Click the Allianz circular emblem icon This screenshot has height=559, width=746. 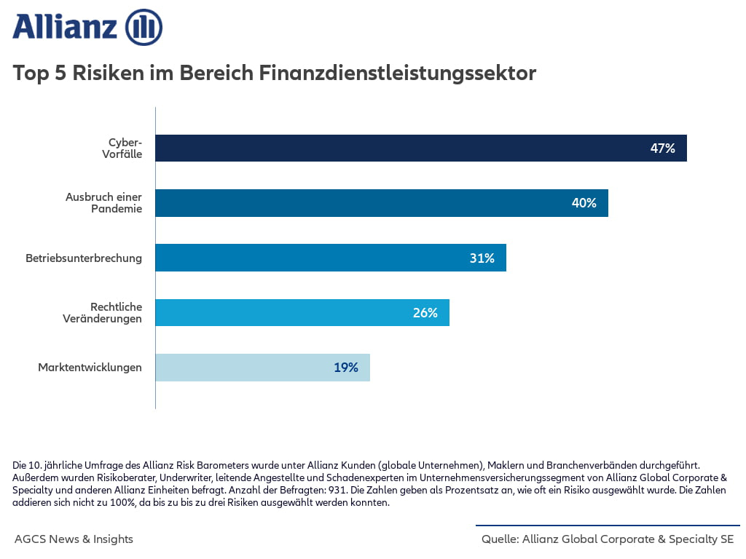point(144,28)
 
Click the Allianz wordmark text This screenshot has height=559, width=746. point(65,28)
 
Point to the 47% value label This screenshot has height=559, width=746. point(662,148)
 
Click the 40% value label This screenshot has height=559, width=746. point(584,203)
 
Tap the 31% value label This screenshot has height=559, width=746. point(482,258)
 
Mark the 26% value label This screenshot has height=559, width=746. point(425,313)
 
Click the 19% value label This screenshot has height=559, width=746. point(346,368)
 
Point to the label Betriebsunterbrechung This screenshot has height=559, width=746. point(84,258)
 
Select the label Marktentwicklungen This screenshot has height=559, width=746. point(90,368)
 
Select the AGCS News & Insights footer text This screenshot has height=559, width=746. point(74,539)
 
